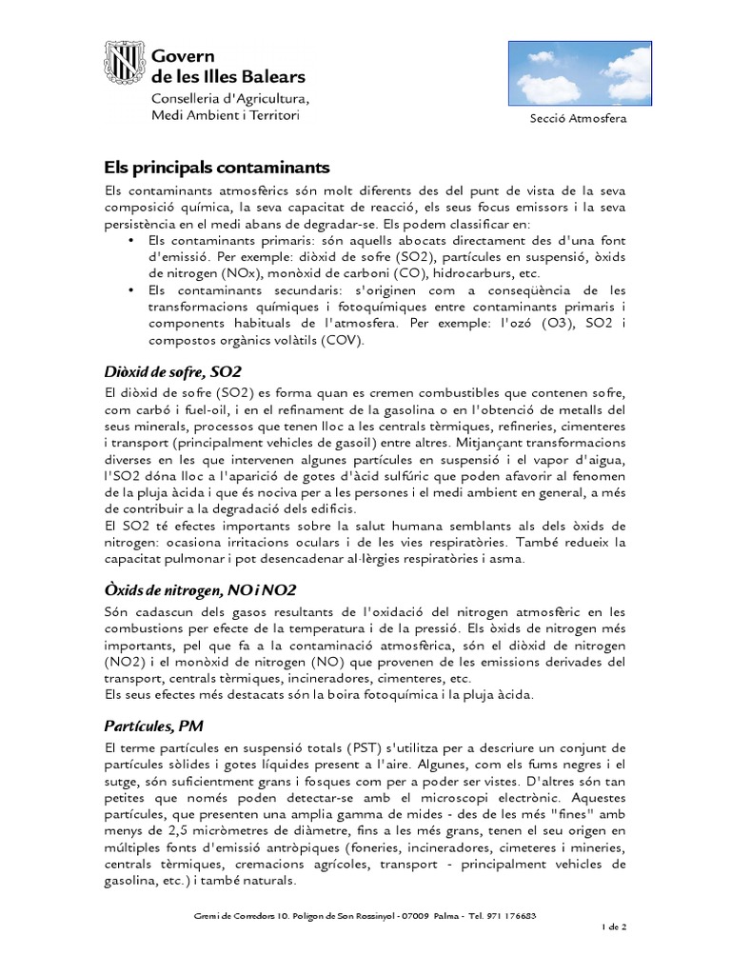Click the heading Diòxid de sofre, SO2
coord(174,370)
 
